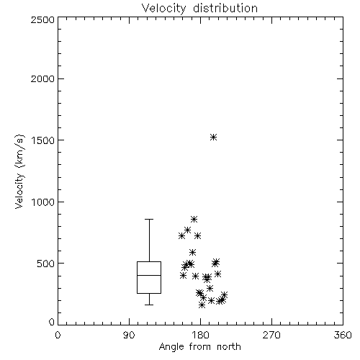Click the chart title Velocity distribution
click(x=199, y=9)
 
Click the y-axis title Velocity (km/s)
click(x=19, y=171)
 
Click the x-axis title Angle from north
click(x=199, y=347)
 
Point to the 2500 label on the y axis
click(x=42, y=19)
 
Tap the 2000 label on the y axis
click(x=42, y=78)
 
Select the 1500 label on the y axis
click(x=43, y=140)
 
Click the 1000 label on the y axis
click(x=43, y=202)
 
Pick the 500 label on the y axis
click(x=46, y=264)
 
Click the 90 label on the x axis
click(x=129, y=335)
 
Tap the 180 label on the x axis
click(x=200, y=335)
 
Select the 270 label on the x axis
click(x=271, y=335)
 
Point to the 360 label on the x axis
click(x=343, y=335)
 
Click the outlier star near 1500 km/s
click(x=213, y=138)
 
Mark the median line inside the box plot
click(x=149, y=275)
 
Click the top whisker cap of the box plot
click(x=149, y=219)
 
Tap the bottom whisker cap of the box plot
click(x=149, y=305)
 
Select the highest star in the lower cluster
click(x=194, y=219)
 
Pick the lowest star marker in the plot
click(x=202, y=305)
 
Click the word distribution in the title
click(x=225, y=9)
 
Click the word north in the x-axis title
click(x=229, y=347)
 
